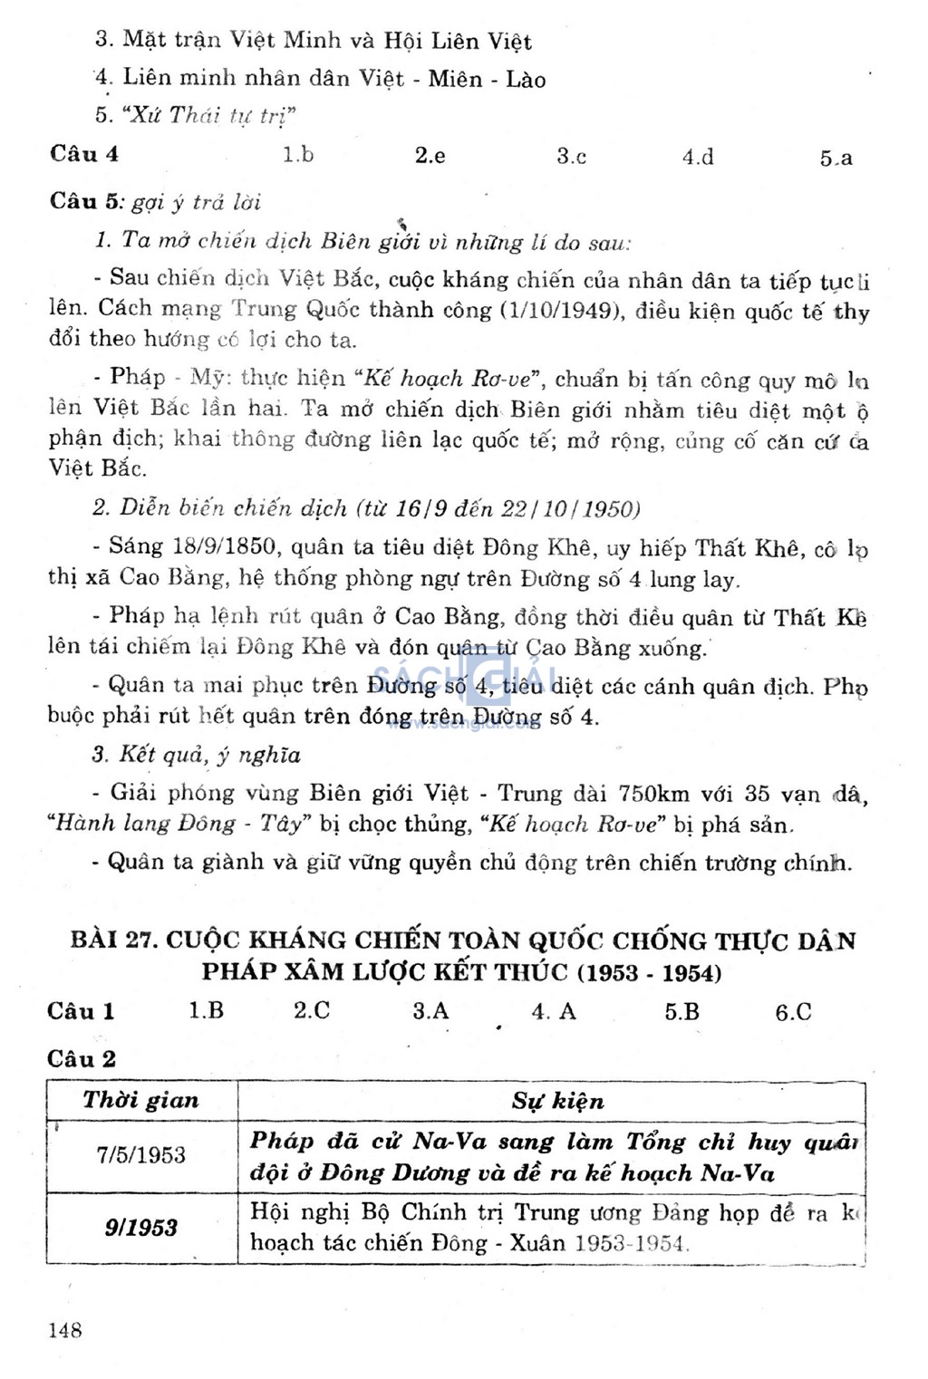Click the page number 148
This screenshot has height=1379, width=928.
click(65, 1330)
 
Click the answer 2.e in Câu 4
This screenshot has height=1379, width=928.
click(430, 155)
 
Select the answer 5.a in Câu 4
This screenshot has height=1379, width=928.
click(836, 158)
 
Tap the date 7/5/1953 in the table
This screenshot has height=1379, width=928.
click(141, 1155)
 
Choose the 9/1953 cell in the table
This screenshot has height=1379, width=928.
click(141, 1228)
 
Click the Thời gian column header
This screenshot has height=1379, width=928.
click(141, 1101)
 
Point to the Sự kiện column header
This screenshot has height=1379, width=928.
click(557, 1101)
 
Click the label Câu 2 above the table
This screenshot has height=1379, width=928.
click(82, 1058)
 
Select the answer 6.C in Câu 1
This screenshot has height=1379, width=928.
click(793, 1012)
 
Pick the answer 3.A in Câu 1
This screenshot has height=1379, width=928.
click(430, 1010)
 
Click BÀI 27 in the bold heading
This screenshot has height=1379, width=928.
click(114, 940)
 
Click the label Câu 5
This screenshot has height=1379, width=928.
click(85, 201)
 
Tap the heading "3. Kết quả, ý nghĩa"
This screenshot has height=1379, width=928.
click(197, 755)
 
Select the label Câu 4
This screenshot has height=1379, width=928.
click(84, 153)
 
